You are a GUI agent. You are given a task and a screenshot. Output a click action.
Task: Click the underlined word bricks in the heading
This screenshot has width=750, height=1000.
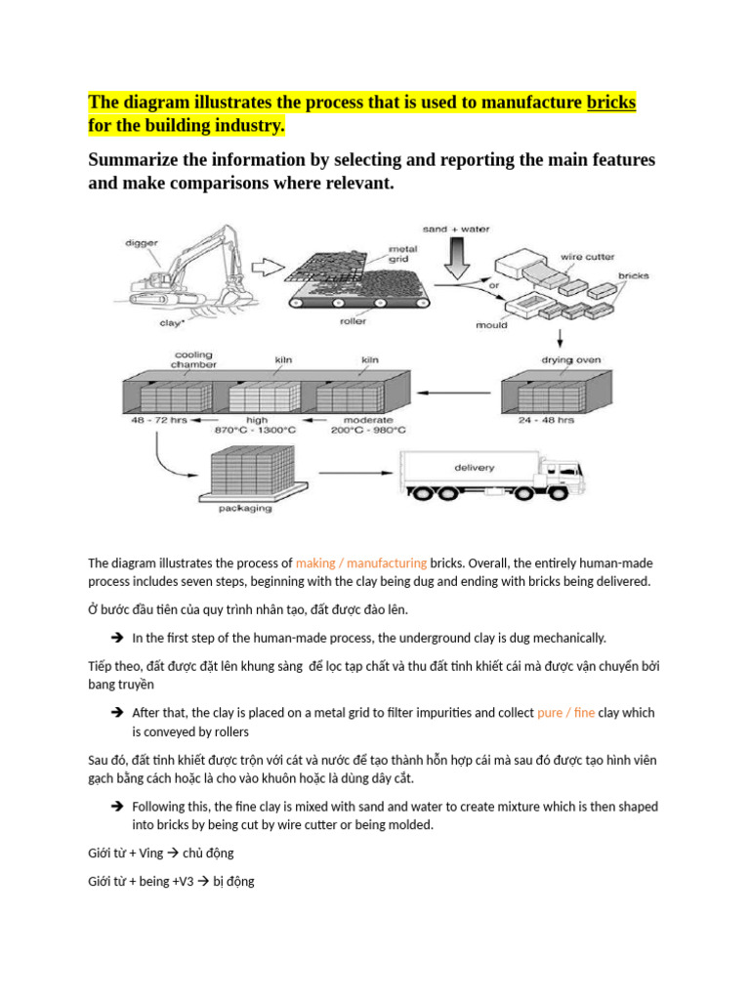point(610,103)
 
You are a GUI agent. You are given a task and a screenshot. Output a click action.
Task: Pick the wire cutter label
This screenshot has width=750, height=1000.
point(586,258)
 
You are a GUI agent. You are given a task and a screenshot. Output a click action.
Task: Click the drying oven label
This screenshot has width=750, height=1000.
point(572,360)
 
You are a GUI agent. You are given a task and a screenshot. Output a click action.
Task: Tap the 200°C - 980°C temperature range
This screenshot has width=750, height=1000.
point(369,430)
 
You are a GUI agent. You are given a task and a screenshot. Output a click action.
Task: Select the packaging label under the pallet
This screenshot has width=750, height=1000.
point(246,509)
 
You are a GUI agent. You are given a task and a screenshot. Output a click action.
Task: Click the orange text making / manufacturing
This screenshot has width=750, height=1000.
point(360,563)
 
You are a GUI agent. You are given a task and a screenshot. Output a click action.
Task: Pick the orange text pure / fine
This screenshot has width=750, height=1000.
point(565,713)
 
